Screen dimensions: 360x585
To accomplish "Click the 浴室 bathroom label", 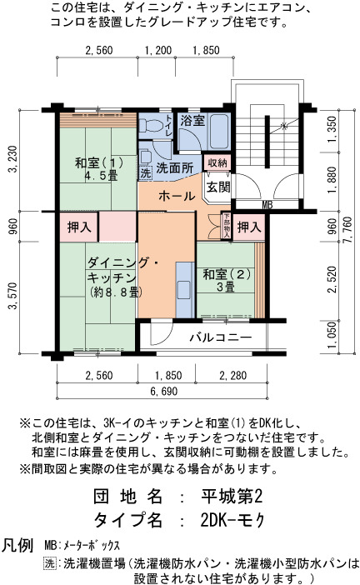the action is tap(192, 121).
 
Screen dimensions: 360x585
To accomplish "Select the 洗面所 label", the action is tap(175, 167).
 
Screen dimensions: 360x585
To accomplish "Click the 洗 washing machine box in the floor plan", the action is tap(146, 172).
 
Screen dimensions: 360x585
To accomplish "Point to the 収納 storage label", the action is tap(217, 162).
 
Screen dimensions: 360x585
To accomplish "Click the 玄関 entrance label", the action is tap(218, 187).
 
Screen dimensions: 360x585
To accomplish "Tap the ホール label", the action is tap(177, 196).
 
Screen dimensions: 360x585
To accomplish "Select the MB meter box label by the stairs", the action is tap(267, 205).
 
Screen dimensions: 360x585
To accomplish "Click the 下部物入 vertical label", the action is tap(227, 226).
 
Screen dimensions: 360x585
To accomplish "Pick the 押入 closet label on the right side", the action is tap(249, 227).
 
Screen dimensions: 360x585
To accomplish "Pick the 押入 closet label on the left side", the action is tap(79, 227).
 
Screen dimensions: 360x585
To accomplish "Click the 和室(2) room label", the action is tap(226, 275).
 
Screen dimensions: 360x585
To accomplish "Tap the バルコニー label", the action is tap(221, 337).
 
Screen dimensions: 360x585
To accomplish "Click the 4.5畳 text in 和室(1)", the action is tap(101, 176).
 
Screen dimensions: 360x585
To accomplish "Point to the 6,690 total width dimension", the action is tap(164, 392).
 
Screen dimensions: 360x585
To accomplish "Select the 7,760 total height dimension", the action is tap(347, 231).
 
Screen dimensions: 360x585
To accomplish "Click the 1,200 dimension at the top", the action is tap(157, 50).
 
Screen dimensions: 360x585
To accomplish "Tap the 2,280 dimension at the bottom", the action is tap(232, 375).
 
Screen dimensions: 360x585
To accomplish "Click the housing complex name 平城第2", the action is tap(232, 497).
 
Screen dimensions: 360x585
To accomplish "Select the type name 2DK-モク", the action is tap(232, 520).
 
